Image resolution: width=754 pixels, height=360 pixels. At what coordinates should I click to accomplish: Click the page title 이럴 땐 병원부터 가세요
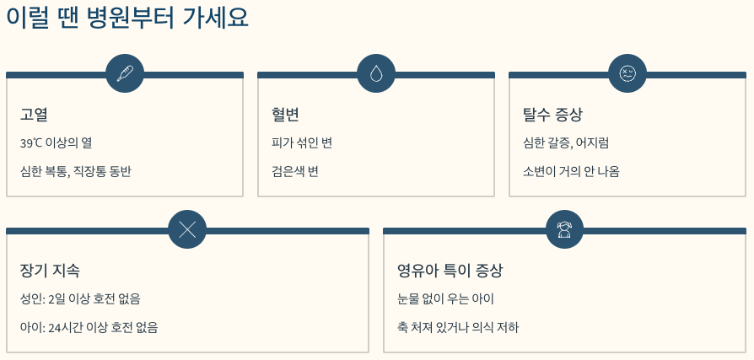127,19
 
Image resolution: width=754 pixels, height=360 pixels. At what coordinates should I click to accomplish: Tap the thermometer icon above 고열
125,73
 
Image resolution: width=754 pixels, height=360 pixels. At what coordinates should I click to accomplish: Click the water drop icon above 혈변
376,73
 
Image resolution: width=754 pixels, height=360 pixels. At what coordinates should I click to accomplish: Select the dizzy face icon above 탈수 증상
627,73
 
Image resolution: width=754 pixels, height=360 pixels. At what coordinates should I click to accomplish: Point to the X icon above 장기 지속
187,229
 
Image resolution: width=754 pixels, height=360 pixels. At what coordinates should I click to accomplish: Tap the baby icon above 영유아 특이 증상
564,229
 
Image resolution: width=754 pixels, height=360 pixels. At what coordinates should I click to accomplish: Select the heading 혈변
286,115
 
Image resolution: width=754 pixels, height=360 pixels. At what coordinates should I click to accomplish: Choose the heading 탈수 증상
552,115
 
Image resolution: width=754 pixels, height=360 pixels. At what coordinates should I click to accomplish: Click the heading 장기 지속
50,271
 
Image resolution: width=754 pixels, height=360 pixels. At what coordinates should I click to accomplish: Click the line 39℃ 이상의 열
56,143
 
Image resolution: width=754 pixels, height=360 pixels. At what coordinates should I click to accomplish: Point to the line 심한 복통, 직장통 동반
76,171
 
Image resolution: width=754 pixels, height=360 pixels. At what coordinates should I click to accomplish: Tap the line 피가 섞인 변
302,143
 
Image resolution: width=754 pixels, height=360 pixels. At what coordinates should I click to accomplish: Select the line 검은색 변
294,171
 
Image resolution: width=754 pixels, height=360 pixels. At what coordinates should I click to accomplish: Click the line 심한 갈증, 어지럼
566,143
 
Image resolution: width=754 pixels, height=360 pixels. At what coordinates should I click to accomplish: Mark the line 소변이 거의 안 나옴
571,171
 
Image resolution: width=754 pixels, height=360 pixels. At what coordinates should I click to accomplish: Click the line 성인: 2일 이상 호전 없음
80,299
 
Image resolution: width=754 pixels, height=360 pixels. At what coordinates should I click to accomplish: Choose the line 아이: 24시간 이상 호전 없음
89,327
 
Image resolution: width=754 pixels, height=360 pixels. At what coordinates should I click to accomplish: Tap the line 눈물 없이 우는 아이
445,299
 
